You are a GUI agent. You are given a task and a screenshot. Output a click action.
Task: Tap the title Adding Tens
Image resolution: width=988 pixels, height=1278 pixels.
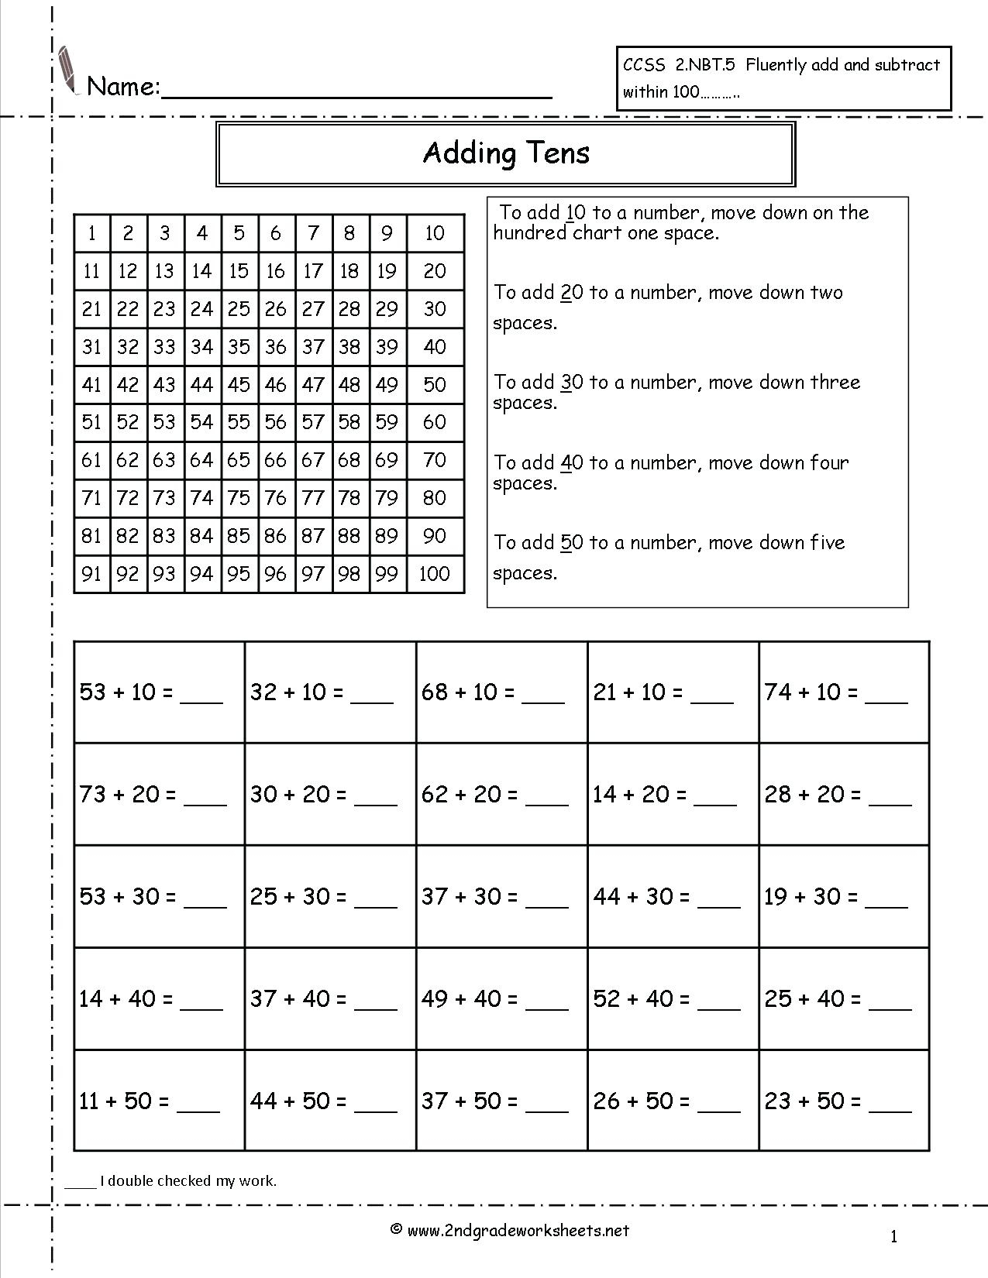(x=506, y=153)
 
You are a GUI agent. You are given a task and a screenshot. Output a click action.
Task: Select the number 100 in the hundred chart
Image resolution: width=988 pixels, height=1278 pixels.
(x=434, y=574)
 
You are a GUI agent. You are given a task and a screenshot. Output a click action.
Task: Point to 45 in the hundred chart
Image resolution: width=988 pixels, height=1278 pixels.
(x=239, y=384)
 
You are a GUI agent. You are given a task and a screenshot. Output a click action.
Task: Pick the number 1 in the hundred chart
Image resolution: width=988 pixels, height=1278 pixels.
(x=92, y=232)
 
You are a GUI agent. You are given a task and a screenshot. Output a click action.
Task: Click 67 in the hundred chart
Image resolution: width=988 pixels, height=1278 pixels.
(x=312, y=460)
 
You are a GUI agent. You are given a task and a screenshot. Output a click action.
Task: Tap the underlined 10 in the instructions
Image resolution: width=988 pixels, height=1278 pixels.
(x=575, y=213)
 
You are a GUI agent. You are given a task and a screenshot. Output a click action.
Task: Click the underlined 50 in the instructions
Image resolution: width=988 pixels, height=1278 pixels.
(x=571, y=543)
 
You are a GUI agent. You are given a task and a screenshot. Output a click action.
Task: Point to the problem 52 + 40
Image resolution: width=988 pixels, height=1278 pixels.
(x=642, y=999)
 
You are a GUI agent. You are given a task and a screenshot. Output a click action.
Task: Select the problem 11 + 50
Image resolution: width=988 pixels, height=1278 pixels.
(x=124, y=1101)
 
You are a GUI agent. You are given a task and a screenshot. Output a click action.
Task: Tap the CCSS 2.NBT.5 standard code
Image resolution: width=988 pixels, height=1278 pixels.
(x=679, y=66)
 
